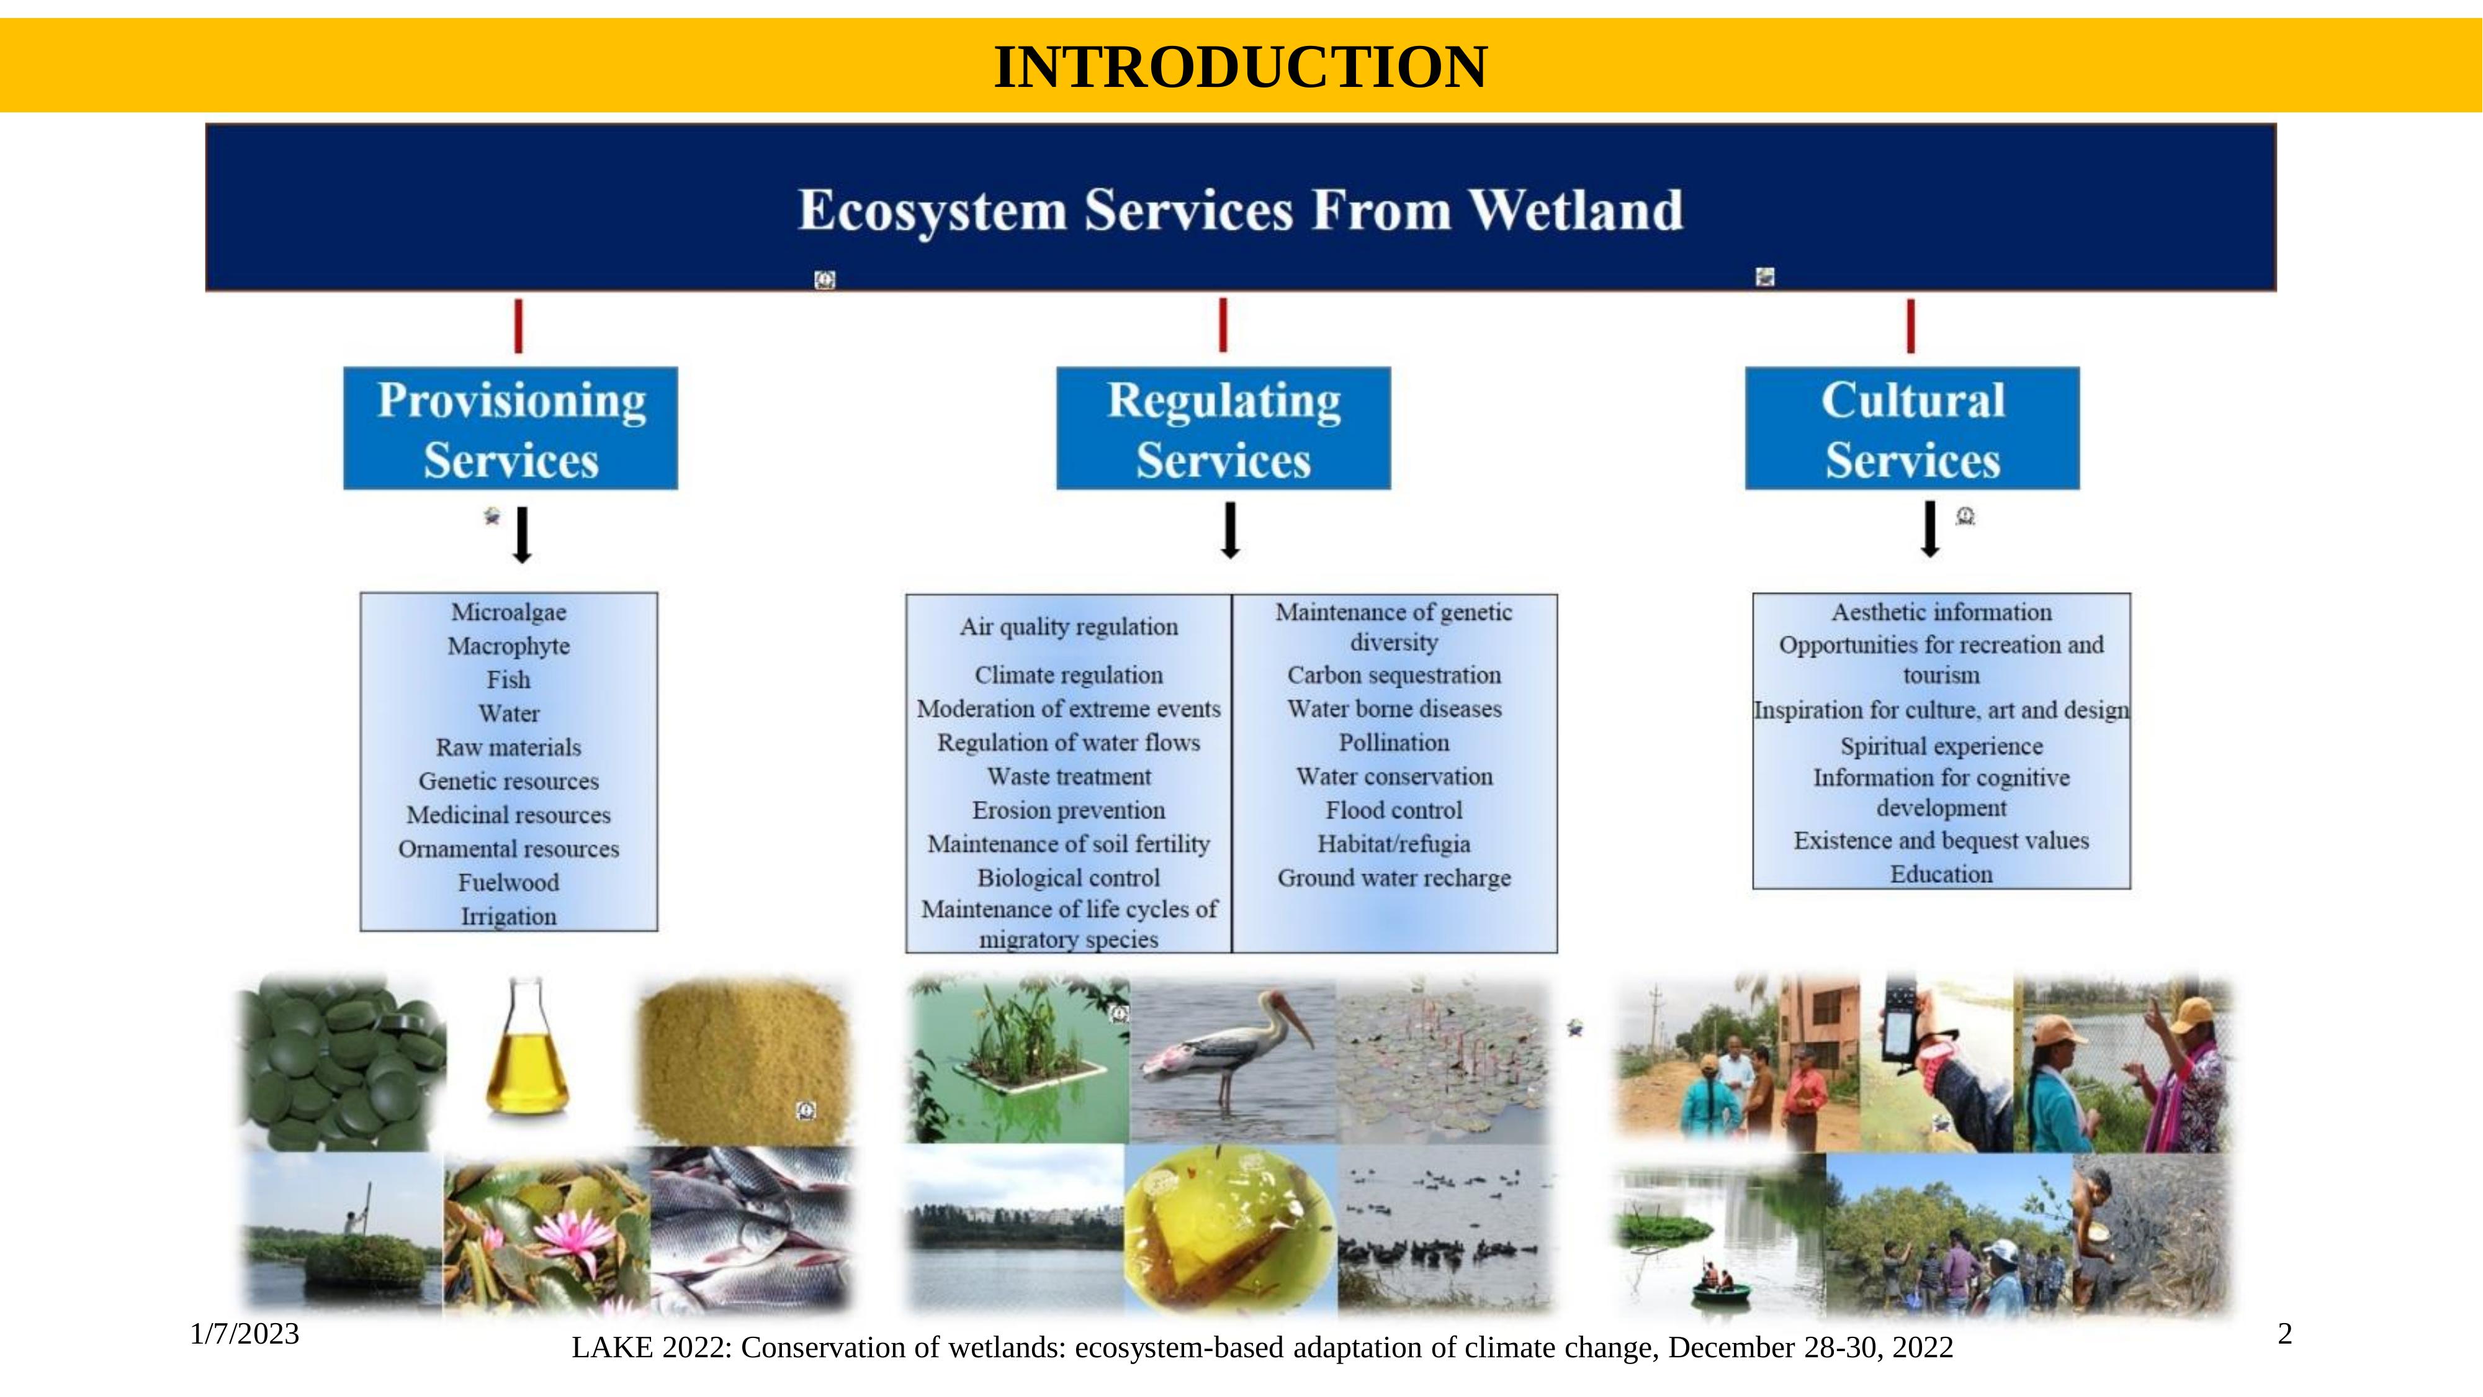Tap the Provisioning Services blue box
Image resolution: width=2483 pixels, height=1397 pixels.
point(511,428)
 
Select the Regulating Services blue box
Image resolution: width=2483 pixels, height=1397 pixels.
point(1223,428)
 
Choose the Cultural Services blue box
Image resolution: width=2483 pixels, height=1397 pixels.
point(1913,428)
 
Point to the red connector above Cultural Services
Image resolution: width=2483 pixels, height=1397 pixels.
point(1910,326)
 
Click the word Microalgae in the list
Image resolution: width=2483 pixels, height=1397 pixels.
point(509,612)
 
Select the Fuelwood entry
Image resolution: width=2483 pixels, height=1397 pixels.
point(509,882)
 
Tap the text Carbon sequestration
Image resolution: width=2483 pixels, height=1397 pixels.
point(1394,675)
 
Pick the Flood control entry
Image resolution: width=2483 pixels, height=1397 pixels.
point(1394,810)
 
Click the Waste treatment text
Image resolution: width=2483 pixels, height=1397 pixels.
point(1069,776)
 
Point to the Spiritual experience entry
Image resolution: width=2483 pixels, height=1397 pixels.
point(1941,746)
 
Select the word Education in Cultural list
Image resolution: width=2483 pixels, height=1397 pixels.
point(1941,874)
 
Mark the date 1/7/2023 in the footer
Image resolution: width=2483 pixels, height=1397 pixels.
point(245,1334)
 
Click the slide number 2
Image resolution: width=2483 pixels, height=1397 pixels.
point(2283,1334)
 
